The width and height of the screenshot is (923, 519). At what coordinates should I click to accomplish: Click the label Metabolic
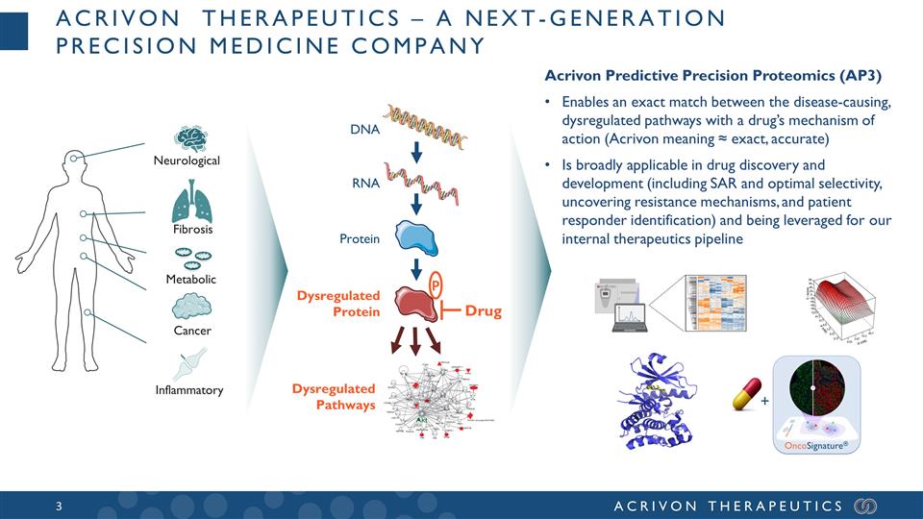[190, 280]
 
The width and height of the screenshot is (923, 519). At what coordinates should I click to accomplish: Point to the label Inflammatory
[190, 390]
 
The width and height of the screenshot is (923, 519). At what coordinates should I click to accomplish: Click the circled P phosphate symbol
[435, 284]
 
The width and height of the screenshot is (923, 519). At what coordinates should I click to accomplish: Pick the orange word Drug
[483, 311]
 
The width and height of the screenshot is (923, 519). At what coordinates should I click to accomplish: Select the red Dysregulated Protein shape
[414, 303]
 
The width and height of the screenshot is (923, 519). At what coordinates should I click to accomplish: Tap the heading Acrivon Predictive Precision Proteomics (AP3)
[713, 75]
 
